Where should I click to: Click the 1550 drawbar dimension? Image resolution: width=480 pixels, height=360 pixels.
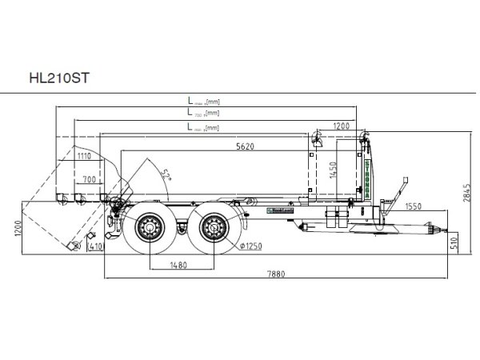pos(414,206)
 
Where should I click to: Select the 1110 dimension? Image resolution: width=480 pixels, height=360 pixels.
pos(85,156)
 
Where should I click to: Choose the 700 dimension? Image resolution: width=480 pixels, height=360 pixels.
pos(89,178)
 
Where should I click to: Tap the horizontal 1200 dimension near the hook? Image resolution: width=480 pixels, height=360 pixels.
pos(341,126)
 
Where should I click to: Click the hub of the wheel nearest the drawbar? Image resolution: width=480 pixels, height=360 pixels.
pos(214,230)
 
